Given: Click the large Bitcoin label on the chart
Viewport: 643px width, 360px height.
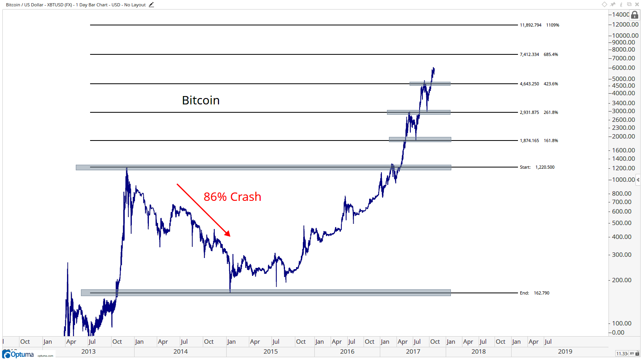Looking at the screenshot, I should (200, 100).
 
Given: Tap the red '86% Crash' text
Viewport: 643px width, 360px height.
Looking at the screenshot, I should (232, 197).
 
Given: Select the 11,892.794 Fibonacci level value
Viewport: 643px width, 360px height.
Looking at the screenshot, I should (530, 25).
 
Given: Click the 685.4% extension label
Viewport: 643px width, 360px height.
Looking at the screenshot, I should (551, 54).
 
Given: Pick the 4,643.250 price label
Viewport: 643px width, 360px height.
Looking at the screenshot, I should (529, 84).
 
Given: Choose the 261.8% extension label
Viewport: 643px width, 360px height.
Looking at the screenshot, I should (551, 112).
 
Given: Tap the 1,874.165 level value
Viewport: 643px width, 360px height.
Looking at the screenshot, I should (529, 141).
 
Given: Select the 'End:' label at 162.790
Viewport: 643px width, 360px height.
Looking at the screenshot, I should (524, 293).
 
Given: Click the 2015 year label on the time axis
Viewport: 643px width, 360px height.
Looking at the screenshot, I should (270, 352).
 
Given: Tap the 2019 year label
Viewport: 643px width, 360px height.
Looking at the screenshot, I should (565, 352).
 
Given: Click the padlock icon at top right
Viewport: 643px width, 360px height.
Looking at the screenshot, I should (635, 15).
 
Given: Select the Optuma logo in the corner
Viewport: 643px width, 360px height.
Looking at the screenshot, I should (19, 354).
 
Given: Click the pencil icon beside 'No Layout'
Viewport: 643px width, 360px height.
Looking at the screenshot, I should (151, 5).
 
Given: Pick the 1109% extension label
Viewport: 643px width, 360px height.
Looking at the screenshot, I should (553, 25).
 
